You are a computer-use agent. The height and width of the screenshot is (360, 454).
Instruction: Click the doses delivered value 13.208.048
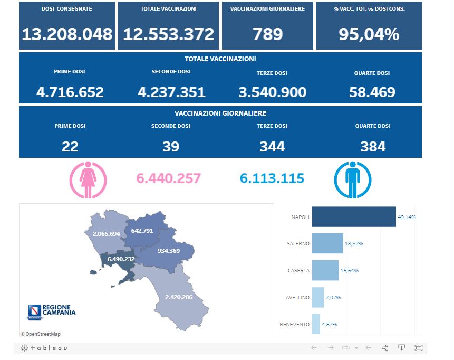click(67, 35)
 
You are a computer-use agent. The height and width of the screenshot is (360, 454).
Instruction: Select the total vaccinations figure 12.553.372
click(168, 35)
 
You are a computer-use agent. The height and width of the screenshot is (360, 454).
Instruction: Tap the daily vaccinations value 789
click(268, 35)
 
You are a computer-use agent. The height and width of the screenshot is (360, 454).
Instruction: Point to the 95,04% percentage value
click(369, 35)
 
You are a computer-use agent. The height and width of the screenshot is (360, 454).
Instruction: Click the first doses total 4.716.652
click(70, 92)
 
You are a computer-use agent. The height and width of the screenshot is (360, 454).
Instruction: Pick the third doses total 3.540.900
click(272, 92)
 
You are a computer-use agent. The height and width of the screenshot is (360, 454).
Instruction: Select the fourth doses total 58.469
click(372, 92)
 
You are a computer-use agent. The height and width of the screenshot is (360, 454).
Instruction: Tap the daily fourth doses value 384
click(373, 146)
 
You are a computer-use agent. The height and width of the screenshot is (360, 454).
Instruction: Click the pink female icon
click(88, 178)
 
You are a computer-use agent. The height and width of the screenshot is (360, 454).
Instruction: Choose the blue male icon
click(353, 178)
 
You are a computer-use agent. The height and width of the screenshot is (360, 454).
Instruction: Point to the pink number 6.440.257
click(168, 178)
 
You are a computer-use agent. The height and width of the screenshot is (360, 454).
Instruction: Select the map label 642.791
click(142, 231)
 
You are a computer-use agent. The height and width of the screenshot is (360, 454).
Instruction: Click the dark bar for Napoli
click(354, 217)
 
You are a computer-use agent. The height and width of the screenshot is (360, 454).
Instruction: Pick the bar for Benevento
click(316, 324)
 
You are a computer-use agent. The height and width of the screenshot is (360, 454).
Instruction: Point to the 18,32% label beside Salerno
click(354, 244)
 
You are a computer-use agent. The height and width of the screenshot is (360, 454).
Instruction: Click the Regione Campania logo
click(51, 311)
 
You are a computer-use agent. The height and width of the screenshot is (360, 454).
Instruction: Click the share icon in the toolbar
click(385, 348)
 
